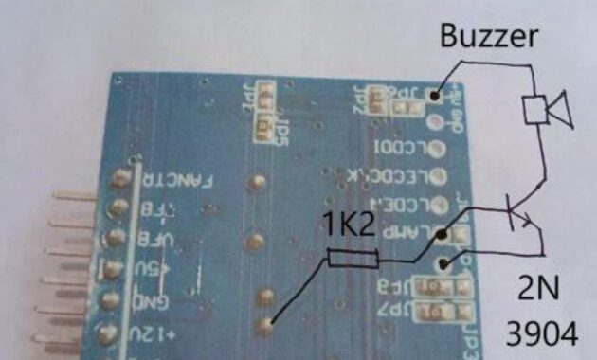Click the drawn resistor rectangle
pyautogui.click(x=353, y=258)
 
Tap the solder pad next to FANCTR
pyautogui.click(x=120, y=178)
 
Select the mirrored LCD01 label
pyautogui.click(x=402, y=149)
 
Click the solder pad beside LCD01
pyautogui.click(x=438, y=149)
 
